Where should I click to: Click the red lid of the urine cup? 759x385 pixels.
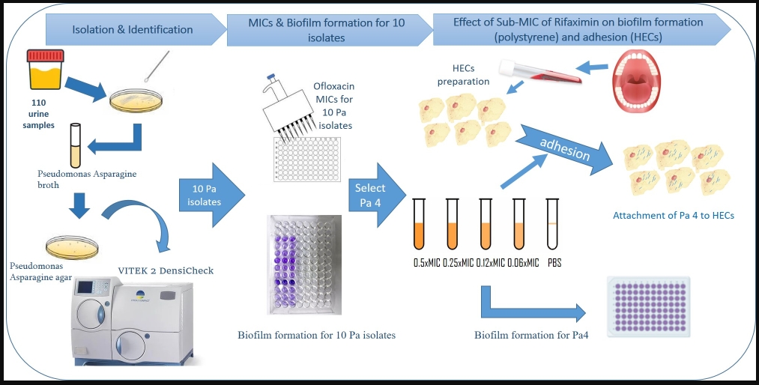point(46,56)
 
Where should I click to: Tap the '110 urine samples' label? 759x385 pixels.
point(39,114)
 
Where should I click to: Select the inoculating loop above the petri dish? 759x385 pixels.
point(157,66)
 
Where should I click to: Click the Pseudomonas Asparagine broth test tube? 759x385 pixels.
point(75,145)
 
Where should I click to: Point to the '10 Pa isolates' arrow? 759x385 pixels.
point(212,195)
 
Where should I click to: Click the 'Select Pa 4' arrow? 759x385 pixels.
point(377,195)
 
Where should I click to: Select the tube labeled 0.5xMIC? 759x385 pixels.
point(419,223)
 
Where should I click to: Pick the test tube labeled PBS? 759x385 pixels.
point(552,223)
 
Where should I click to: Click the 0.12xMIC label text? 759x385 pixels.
point(490,263)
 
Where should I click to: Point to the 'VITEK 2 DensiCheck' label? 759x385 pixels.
point(166,270)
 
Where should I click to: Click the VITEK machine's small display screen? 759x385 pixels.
point(85,288)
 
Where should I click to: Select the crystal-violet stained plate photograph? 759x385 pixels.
point(304,264)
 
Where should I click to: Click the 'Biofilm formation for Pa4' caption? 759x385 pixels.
point(531,335)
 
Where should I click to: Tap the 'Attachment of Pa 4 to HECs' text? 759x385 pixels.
point(674,216)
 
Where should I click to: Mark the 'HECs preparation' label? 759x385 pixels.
point(463,76)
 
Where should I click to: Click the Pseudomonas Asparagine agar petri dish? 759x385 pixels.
point(72,248)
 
